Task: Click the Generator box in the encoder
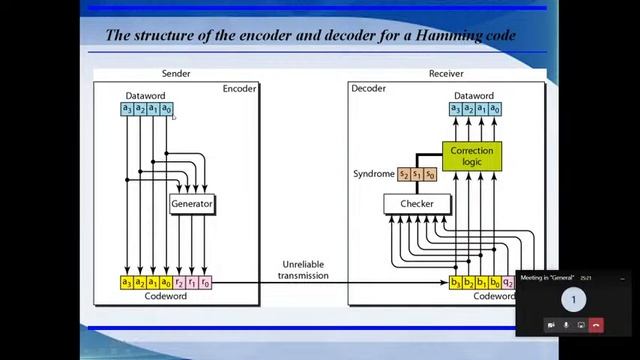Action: (192, 203)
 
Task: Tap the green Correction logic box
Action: (472, 156)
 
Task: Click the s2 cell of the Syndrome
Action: (405, 174)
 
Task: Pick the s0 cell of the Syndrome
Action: (430, 174)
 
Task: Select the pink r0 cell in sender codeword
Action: (206, 283)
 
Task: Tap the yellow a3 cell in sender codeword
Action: (127, 283)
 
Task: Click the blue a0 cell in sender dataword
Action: (167, 108)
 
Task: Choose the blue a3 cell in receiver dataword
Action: (456, 108)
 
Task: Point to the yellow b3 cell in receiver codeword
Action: (456, 283)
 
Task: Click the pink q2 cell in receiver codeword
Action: (508, 283)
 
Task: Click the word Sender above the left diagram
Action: (177, 74)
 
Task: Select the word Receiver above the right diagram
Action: (446, 74)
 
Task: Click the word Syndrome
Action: (373, 174)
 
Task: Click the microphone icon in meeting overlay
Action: (566, 325)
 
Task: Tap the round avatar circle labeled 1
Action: (573, 299)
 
